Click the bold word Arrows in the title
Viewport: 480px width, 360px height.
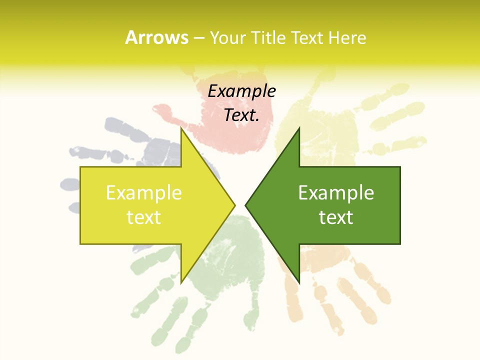[x=156, y=37]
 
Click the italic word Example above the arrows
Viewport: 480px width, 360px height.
[x=241, y=91]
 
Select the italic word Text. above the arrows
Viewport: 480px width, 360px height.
[x=241, y=115]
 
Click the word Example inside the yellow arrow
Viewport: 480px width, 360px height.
[x=144, y=192]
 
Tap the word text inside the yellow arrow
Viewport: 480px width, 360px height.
[x=144, y=217]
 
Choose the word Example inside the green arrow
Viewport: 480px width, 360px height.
[x=336, y=192]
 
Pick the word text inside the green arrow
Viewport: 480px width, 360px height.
[x=336, y=217]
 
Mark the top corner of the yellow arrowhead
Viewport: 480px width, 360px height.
[x=181, y=128]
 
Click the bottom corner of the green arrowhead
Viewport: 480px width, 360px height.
[x=299, y=282]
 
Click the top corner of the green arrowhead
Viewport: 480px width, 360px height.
[x=299, y=128]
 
